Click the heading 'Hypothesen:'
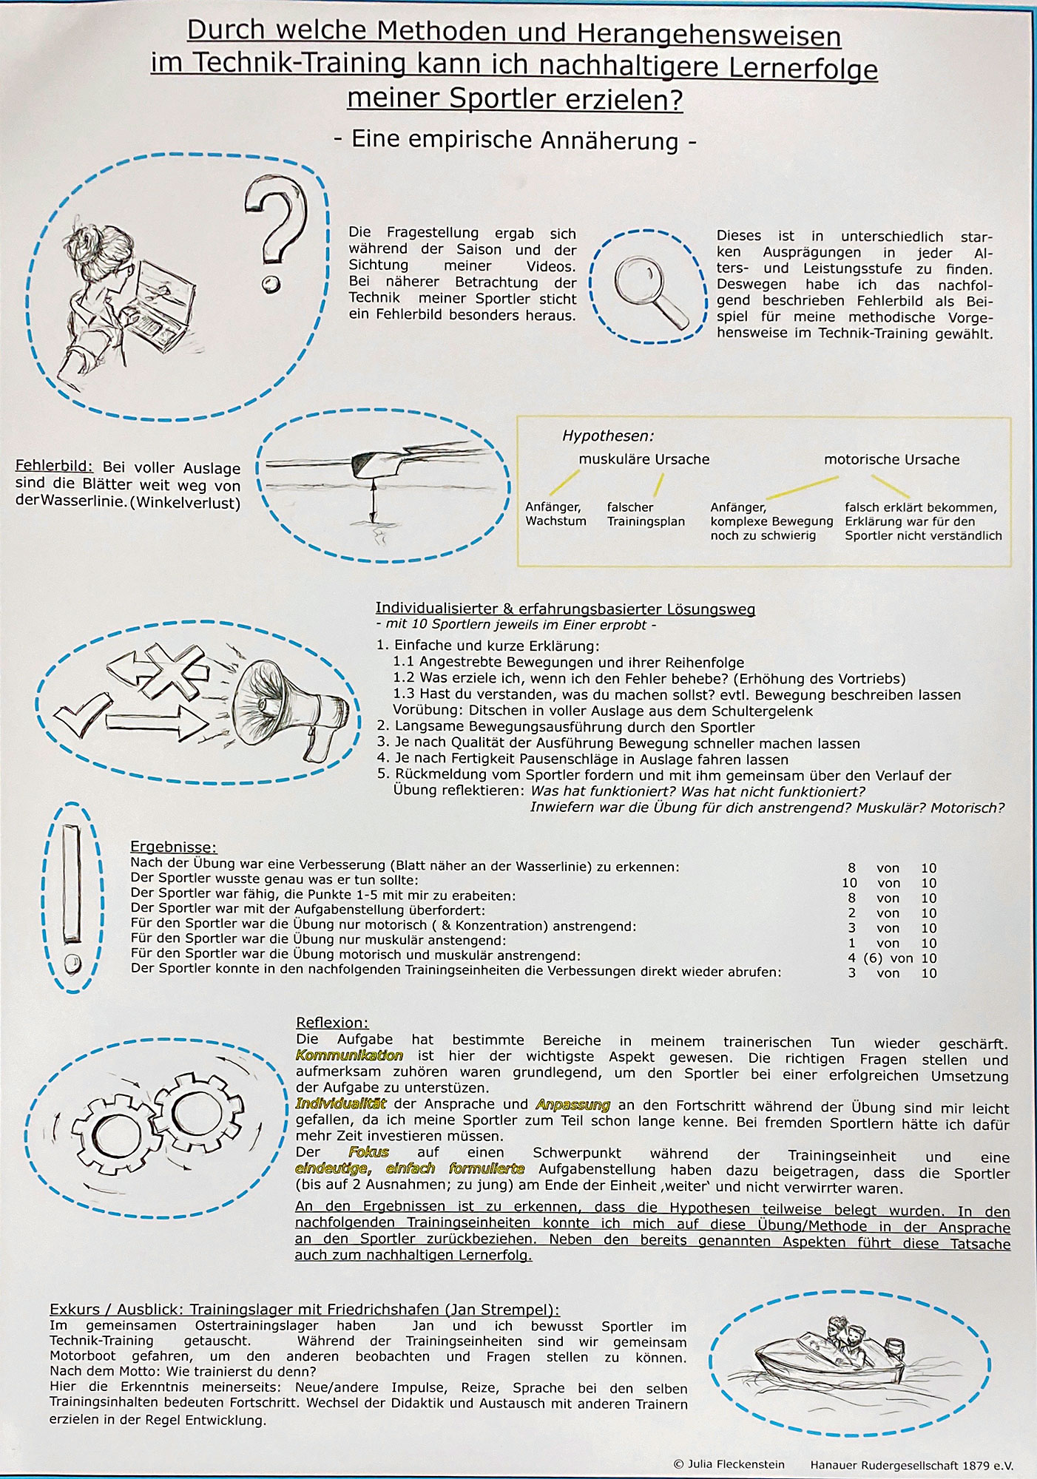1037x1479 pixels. tap(608, 436)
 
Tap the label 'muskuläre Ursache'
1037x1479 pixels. tap(644, 459)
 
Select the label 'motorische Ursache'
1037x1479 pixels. tap(891, 459)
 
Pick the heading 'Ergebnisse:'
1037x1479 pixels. tap(174, 847)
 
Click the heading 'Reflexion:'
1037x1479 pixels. tap(332, 1023)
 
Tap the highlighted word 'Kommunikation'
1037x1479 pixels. tap(349, 1056)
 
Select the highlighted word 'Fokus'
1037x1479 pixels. tap(368, 1153)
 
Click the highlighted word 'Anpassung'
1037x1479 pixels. tap(573, 1105)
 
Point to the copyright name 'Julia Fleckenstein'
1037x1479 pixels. tap(736, 1464)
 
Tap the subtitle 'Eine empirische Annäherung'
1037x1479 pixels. tap(515, 140)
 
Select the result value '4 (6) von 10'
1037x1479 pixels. tap(892, 958)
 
